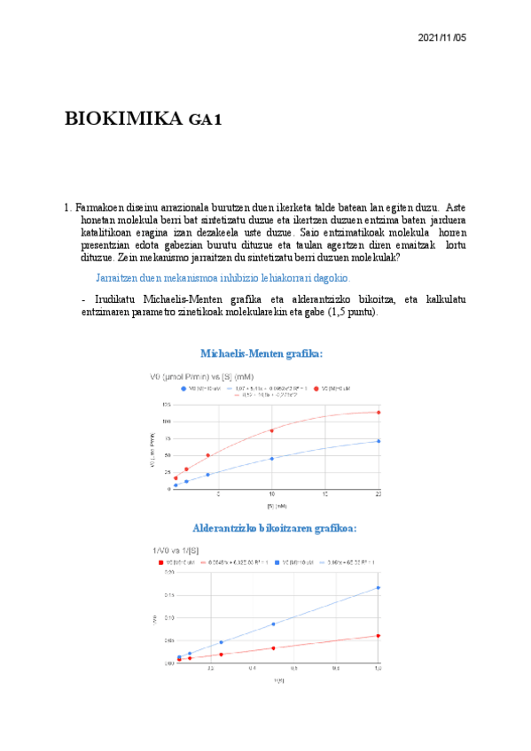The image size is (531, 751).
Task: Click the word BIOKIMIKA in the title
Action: coord(123,119)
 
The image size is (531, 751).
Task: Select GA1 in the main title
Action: coord(205,120)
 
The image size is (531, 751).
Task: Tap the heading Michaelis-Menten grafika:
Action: coord(262,353)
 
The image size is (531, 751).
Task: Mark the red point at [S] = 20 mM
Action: coord(379,412)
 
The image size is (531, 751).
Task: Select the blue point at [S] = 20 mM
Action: coord(379,441)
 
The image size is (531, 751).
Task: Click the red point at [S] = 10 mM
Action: coord(271,430)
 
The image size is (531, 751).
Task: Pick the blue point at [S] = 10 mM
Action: coord(271,458)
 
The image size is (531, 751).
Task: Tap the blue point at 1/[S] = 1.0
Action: coord(379,587)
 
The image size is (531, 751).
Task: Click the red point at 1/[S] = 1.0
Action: coord(379,636)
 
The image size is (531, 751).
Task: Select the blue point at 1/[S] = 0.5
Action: coord(273,624)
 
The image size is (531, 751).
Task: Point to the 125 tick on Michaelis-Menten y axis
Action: coord(165,405)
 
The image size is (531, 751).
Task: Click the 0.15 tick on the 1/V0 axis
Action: coord(168,595)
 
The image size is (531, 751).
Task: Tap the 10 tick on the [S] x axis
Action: coord(271,494)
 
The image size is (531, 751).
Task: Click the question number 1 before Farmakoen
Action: coord(67,208)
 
